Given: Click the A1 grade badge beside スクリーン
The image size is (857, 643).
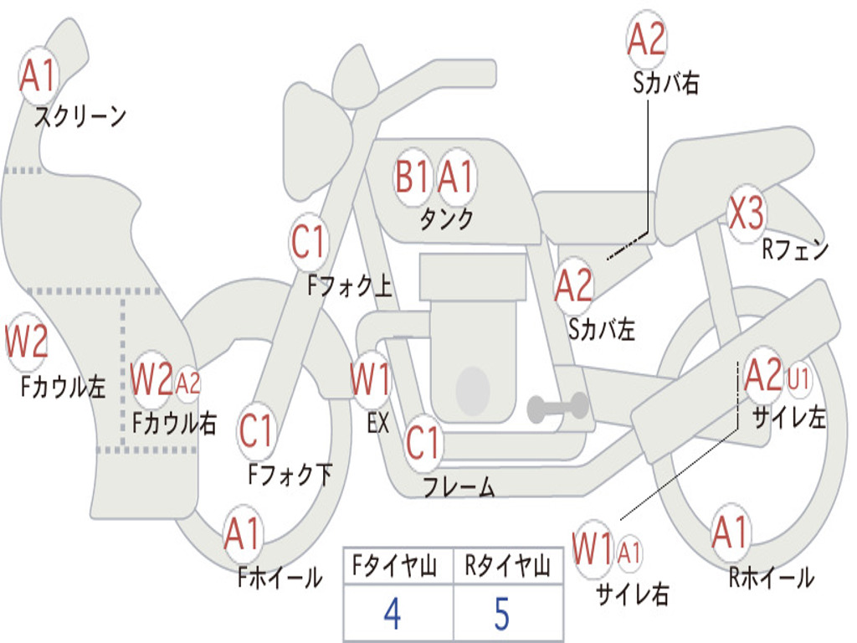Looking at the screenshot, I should tap(38, 76).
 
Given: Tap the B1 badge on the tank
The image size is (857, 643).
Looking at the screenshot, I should tap(413, 177).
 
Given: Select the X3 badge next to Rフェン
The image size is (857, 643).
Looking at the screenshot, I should tap(746, 214).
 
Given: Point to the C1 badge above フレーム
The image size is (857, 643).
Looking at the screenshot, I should tap(423, 441).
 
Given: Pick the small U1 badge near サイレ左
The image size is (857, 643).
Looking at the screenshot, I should tap(798, 379).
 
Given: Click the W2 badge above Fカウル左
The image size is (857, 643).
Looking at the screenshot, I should tap(26, 342).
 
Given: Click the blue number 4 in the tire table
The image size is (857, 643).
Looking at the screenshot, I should tap(393, 614).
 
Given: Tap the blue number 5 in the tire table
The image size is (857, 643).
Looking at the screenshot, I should tap(501, 614).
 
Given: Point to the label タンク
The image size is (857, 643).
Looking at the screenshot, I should tap(446, 219).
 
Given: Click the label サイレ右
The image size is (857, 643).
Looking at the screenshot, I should tap(632, 594).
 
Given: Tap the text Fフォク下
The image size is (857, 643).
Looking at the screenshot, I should tap(290, 475).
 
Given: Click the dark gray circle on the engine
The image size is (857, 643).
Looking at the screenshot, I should tap(473, 387).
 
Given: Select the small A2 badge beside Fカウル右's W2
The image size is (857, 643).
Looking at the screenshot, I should tap(188, 383).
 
